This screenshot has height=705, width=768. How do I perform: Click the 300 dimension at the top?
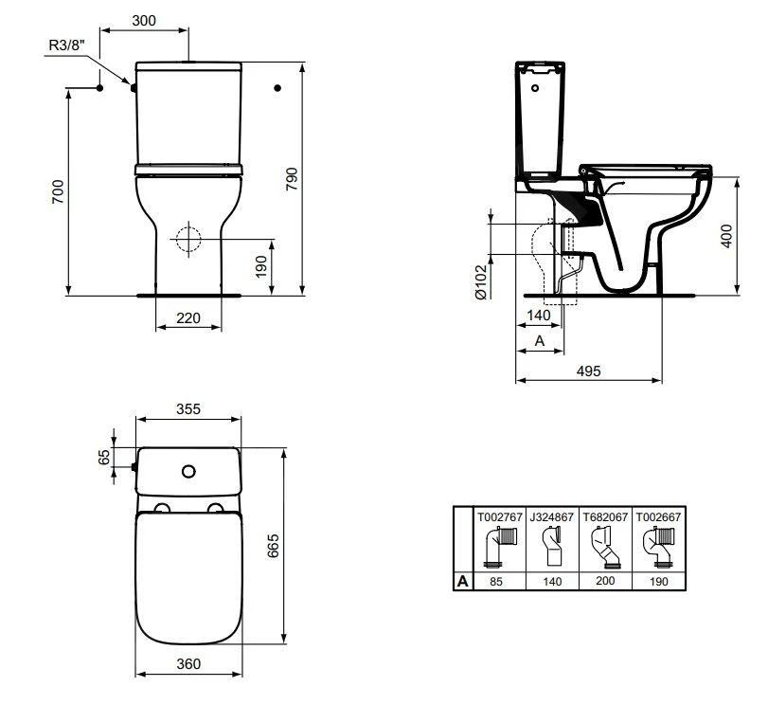pos(144,20)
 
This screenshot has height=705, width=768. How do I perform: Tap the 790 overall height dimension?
pos(292,179)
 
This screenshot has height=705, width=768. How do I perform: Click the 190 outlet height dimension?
pos(262,267)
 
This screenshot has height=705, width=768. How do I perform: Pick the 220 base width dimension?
pos(188,318)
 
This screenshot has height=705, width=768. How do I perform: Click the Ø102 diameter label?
pos(480,282)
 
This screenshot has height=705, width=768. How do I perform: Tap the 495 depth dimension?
pos(588,371)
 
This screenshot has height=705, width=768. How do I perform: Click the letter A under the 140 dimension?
pos(539,339)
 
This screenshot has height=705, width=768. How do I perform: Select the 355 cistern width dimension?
pos(188,409)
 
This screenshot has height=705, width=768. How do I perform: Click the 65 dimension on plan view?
pos(103,458)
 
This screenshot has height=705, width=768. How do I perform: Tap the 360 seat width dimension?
pos(188,663)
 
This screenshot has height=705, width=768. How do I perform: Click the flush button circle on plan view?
pos(188,471)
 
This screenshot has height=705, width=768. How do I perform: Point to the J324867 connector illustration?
pos(553,547)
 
